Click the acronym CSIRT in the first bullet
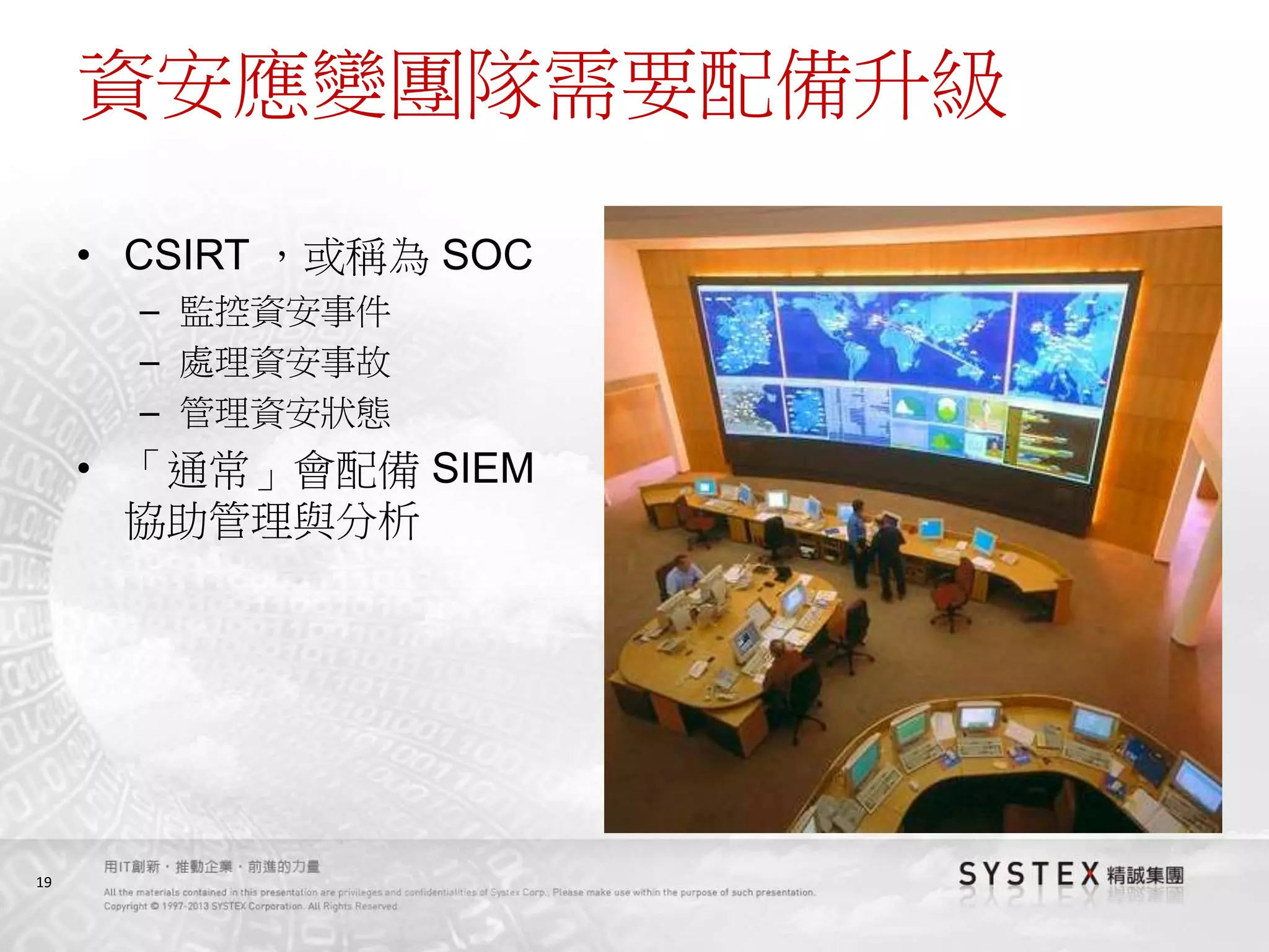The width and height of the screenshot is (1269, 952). [187, 255]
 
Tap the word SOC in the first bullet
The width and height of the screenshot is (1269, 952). [487, 255]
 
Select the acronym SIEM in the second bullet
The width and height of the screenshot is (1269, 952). [482, 468]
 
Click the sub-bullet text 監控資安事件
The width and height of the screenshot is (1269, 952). [285, 312]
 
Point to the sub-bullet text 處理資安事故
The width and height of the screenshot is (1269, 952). [285, 363]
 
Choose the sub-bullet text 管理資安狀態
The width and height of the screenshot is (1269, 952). [285, 413]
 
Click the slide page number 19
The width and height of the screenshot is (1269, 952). [43, 882]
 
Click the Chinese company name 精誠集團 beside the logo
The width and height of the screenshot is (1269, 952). [1145, 876]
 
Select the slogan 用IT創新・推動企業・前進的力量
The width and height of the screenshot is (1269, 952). [211, 866]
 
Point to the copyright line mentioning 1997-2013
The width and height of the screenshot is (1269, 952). [250, 906]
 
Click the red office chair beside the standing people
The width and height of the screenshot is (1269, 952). [954, 589]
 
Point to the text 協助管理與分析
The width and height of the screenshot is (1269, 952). [273, 521]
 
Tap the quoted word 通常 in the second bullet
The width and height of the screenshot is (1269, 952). [208, 470]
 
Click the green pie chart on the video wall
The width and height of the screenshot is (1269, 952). [946, 410]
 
